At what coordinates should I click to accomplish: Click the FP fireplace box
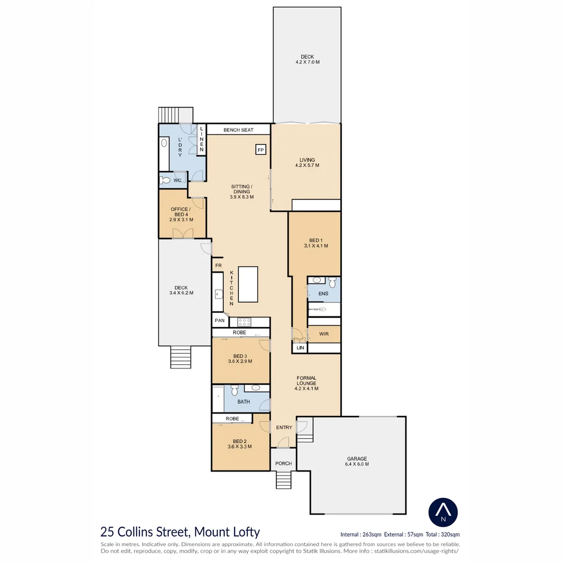click(x=261, y=150)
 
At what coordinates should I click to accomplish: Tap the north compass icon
click(x=443, y=513)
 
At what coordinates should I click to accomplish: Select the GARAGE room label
click(x=357, y=459)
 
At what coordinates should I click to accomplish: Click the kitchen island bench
click(x=248, y=284)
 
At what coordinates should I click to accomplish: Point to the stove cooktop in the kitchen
click(x=244, y=322)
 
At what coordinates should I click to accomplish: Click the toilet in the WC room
click(x=165, y=181)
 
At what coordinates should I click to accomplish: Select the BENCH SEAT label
click(x=238, y=130)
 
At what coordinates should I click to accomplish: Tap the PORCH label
click(x=283, y=464)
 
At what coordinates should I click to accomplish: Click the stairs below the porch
click(x=284, y=479)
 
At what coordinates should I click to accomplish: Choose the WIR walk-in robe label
click(x=324, y=334)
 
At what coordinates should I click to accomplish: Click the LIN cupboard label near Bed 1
click(x=300, y=348)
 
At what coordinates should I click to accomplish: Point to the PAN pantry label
click(x=219, y=321)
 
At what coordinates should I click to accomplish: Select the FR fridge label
click(x=218, y=265)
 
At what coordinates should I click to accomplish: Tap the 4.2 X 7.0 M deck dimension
click(x=307, y=62)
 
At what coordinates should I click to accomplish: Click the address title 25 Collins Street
click(x=180, y=532)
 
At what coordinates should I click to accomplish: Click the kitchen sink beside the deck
click(x=217, y=294)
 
